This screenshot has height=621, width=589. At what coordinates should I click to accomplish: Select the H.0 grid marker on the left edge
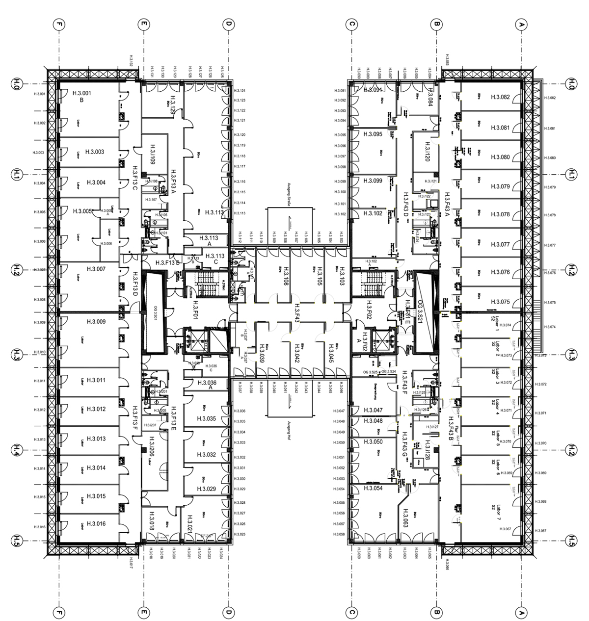point(16,83)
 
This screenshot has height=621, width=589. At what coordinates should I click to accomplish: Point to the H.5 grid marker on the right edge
point(572,541)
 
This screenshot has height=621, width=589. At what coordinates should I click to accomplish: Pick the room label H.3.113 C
point(215,259)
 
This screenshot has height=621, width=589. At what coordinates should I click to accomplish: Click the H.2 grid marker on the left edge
point(16,270)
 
